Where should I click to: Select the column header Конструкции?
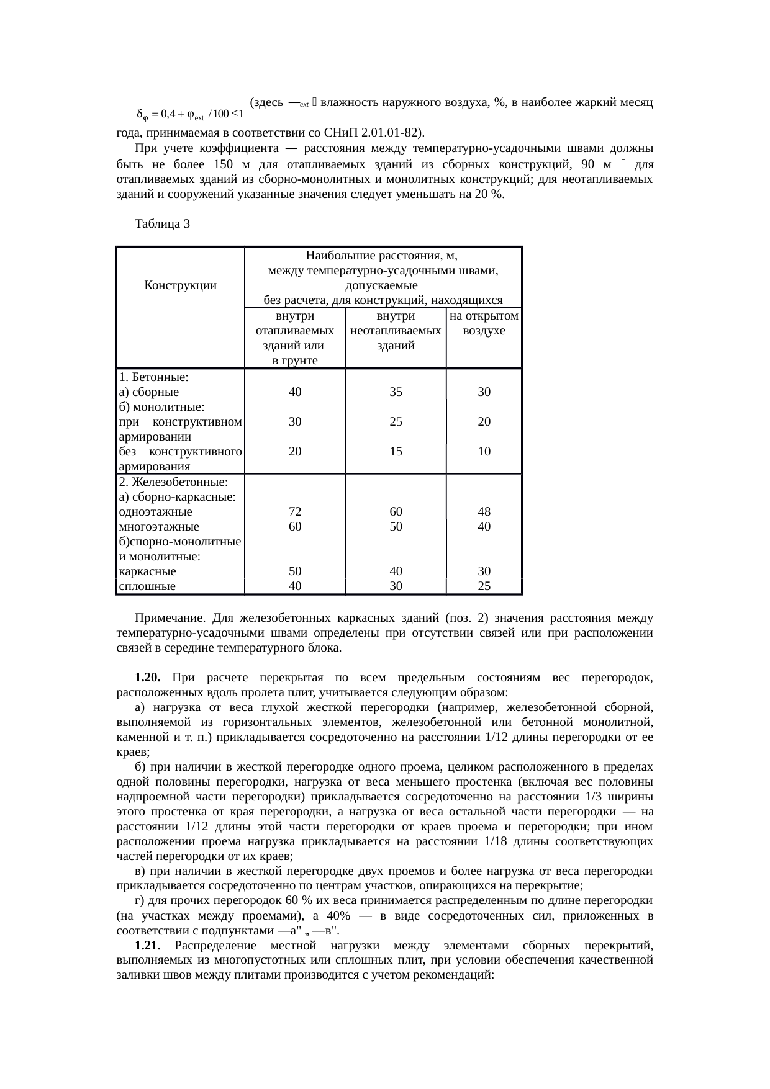[x=180, y=285]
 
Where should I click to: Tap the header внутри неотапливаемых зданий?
[x=396, y=331]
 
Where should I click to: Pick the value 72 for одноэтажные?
[x=295, y=512]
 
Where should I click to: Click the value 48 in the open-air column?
[x=484, y=512]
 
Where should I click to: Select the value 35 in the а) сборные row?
[x=396, y=392]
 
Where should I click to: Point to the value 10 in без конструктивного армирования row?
[x=484, y=452]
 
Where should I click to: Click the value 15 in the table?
[x=396, y=452]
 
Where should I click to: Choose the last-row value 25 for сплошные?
[x=484, y=586]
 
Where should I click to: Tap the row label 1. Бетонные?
[x=154, y=377]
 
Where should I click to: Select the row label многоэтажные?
[x=158, y=527]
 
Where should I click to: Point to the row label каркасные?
[x=147, y=571]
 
